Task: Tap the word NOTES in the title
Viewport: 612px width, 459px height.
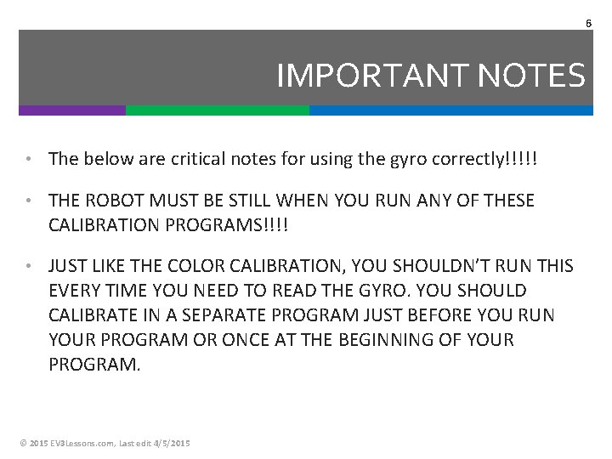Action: point(532,76)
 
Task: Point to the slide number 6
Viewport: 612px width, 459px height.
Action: point(588,23)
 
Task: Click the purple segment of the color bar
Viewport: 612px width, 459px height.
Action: point(72,110)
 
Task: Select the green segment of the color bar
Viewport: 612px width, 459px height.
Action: point(218,110)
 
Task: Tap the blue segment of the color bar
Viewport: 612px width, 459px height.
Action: point(450,110)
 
